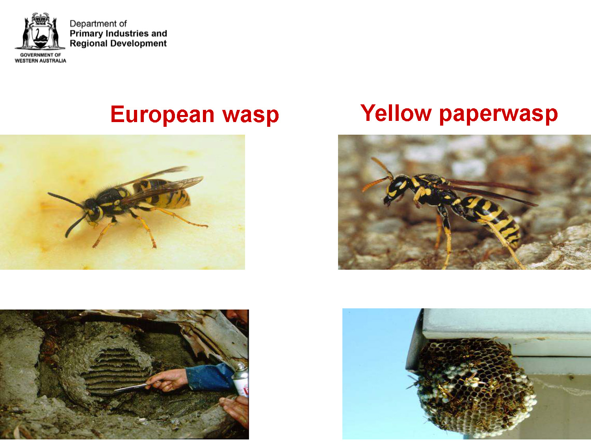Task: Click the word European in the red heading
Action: (162, 115)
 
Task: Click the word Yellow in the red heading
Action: (396, 113)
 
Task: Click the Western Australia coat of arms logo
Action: (40, 31)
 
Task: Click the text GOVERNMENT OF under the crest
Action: (41, 55)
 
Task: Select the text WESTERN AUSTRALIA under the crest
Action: (41, 61)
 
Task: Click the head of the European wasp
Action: (93, 211)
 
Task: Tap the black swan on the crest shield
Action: (41, 35)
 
